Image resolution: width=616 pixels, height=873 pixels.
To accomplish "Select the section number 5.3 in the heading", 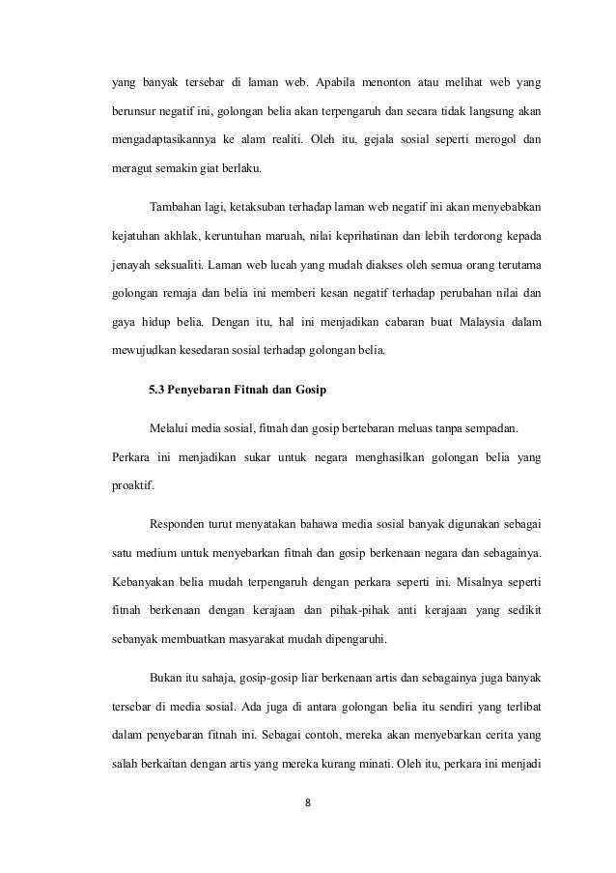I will [158, 393].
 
